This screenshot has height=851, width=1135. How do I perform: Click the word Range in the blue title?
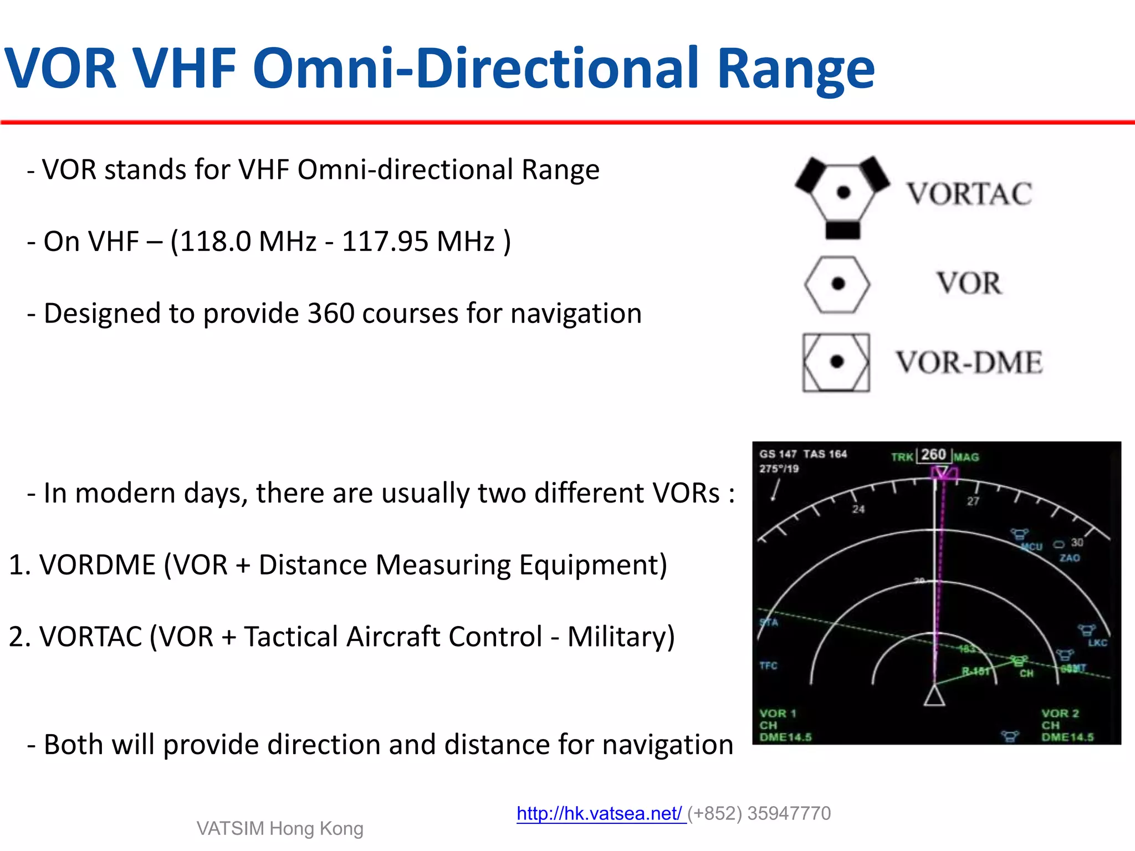(795, 69)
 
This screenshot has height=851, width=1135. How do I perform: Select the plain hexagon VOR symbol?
(837, 284)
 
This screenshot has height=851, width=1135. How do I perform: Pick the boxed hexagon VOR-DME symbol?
(836, 362)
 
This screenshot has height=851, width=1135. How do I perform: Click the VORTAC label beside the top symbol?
(969, 194)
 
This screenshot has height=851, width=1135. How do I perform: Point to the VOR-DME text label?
(969, 363)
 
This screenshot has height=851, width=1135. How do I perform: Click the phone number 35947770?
(789, 813)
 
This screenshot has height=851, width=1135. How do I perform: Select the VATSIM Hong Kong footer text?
(280, 828)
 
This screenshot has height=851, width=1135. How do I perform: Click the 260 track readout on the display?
(934, 455)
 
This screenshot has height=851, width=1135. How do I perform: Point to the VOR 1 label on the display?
(778, 714)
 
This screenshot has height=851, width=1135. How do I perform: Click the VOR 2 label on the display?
(1060, 714)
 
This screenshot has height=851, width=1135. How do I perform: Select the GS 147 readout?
(778, 454)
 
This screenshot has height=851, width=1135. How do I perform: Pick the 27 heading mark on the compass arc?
(973, 501)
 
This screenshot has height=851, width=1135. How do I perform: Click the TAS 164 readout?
(825, 454)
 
